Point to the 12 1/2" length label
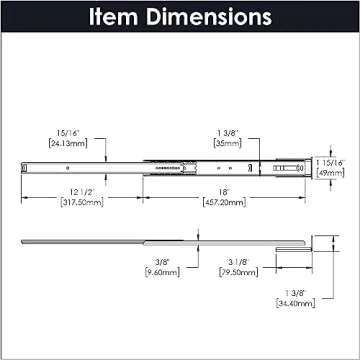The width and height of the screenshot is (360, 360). pyautogui.click(x=64, y=191)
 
